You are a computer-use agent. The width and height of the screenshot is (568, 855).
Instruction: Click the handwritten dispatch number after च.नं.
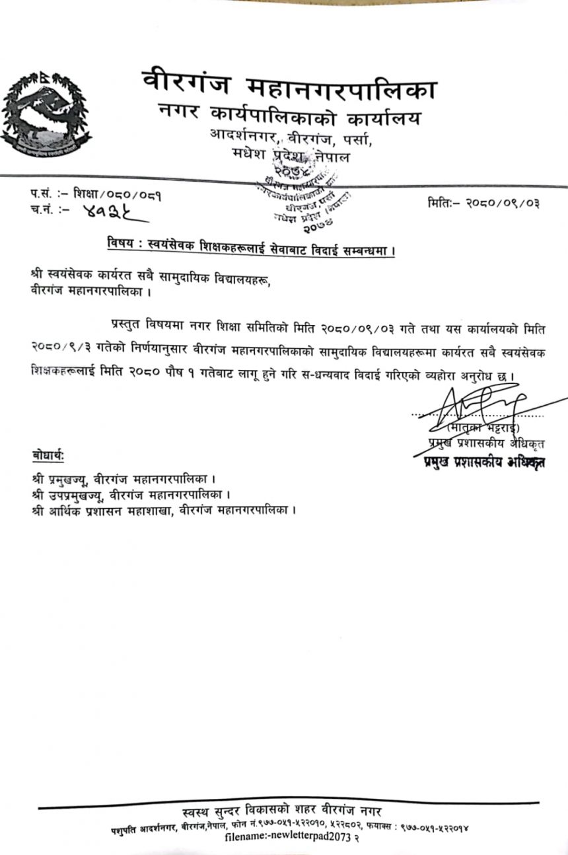click(106, 213)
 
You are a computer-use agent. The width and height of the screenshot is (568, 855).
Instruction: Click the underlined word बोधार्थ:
click(48, 455)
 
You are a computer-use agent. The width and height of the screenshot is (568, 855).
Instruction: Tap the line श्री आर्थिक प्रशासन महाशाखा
click(162, 510)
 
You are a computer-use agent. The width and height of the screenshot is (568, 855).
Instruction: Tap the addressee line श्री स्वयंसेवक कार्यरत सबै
click(151, 275)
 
